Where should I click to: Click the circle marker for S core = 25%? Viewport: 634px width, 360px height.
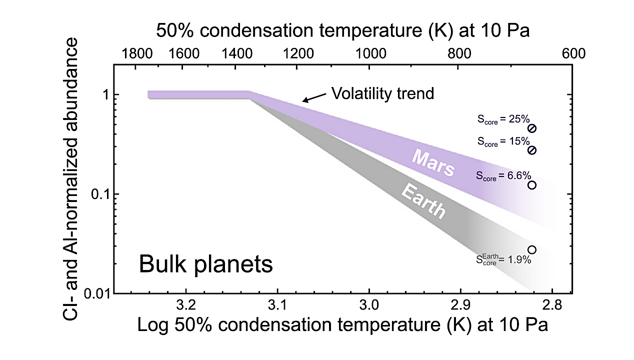(532, 128)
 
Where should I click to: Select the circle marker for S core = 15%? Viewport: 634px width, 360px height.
(532, 150)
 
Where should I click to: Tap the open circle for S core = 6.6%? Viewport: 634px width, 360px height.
(532, 185)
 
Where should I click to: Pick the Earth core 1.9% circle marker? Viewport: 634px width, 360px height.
(532, 249)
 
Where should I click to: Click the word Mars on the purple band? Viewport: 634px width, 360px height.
(433, 162)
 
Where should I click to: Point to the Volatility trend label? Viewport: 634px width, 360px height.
(382, 93)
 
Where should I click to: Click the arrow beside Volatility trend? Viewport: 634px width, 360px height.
(312, 98)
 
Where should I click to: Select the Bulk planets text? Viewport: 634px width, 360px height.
(205, 264)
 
